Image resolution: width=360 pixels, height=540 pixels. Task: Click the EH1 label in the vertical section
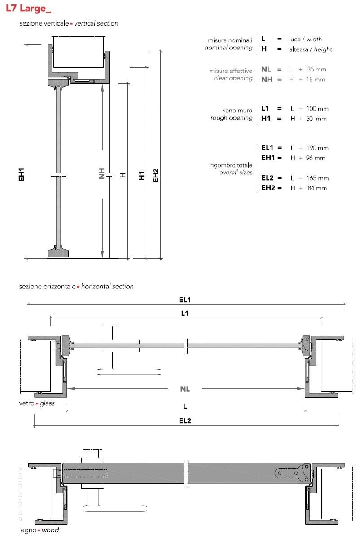click(21, 175)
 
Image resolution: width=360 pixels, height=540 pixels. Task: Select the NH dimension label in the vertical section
click(102, 174)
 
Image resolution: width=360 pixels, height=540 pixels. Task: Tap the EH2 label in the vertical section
click(156, 175)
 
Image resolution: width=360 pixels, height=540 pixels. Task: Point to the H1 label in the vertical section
click(142, 176)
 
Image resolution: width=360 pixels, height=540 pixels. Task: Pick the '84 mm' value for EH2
click(317, 188)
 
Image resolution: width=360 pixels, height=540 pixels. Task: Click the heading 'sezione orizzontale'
click(47, 286)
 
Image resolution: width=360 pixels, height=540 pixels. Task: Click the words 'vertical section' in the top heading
click(96, 23)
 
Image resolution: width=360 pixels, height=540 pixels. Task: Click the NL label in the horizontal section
click(185, 389)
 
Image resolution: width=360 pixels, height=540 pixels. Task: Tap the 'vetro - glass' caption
click(36, 403)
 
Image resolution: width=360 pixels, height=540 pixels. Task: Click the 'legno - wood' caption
click(39, 530)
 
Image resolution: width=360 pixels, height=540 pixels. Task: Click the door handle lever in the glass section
click(128, 372)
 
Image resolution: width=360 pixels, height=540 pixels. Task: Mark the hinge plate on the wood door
click(287, 473)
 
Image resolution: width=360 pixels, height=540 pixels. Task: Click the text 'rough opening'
click(232, 118)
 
